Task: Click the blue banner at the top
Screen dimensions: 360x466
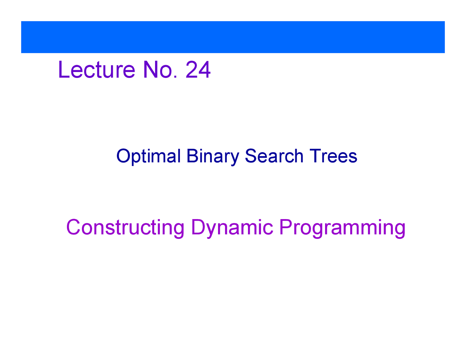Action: point(233,37)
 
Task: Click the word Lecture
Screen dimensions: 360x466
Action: point(96,70)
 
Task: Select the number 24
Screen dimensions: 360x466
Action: point(198,70)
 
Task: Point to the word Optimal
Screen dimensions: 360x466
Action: point(149,156)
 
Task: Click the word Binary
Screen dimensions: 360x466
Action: point(213,156)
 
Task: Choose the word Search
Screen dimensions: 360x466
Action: point(274,156)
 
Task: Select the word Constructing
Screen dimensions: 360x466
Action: point(125,228)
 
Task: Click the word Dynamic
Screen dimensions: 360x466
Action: point(232,228)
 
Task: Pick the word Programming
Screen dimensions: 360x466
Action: point(342,228)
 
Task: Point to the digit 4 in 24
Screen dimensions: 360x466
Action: point(205,70)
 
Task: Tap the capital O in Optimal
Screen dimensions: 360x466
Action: point(123,156)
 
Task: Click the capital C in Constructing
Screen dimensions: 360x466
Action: point(74,228)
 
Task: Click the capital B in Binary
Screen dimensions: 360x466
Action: point(192,156)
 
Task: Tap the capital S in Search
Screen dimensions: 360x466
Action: point(251,156)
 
